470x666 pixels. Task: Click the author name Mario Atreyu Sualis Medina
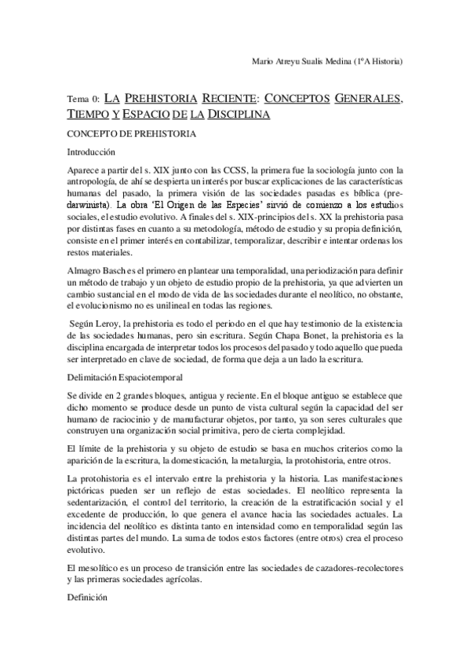302,61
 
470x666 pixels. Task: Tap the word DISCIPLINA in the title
239,115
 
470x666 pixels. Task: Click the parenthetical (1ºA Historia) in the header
377,61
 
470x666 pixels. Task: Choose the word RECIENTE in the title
230,100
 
